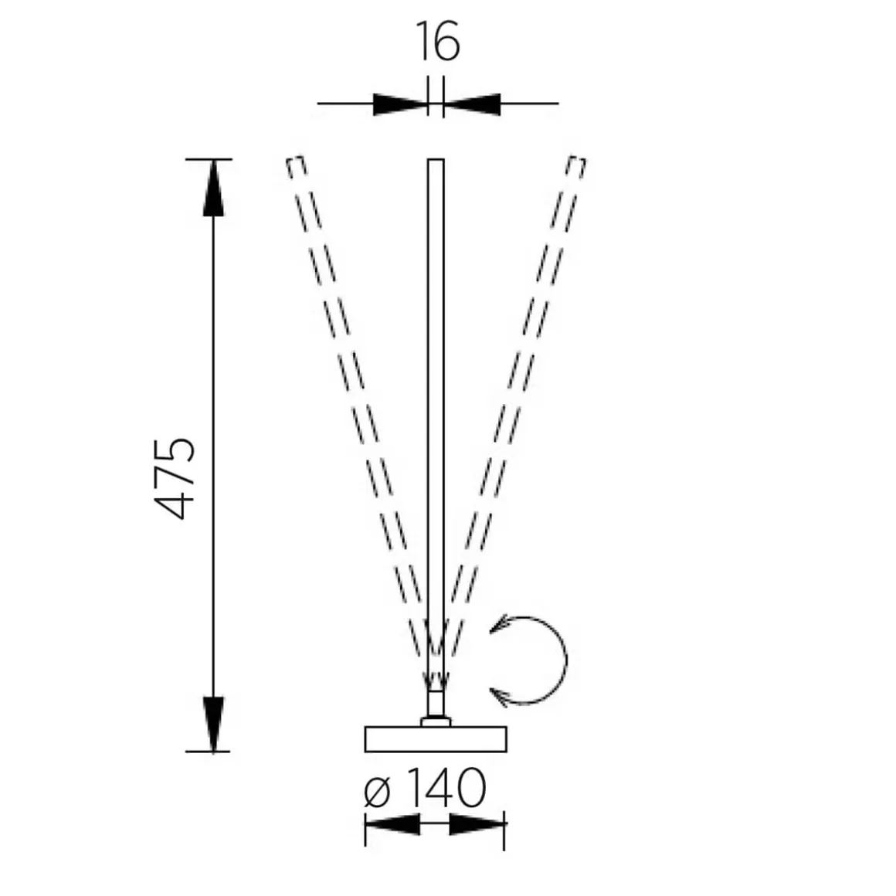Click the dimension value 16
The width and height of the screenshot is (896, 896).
[x=438, y=42]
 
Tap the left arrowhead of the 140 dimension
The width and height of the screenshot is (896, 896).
[x=392, y=824]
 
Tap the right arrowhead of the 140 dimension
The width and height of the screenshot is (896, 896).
[x=477, y=824]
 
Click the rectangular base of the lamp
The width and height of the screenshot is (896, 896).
[x=436, y=738]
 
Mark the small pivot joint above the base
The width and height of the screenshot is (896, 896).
[x=436, y=721]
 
